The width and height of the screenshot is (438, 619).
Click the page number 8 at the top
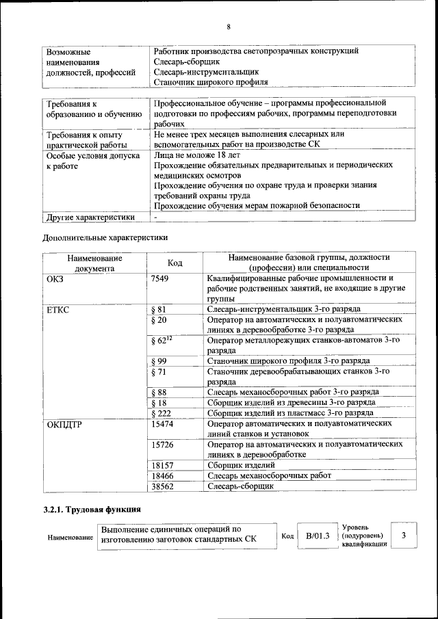pyautogui.click(x=228, y=27)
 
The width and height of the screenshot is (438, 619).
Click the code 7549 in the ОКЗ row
pyautogui.click(x=159, y=278)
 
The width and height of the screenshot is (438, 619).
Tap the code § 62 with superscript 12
pyautogui.click(x=161, y=340)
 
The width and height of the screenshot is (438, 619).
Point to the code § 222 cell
pyautogui.click(x=161, y=413)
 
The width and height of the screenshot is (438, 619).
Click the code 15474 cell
pyautogui.click(x=162, y=423)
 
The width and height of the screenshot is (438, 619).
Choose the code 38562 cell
pyautogui.click(x=162, y=486)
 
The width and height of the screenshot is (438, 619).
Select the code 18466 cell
pyautogui.click(x=162, y=475)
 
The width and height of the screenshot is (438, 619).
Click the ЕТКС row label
pyautogui.click(x=58, y=309)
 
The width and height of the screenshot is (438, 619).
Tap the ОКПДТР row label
pyautogui.click(x=64, y=423)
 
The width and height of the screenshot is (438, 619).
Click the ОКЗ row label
pyautogui.click(x=54, y=278)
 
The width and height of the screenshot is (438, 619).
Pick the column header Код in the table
pyautogui.click(x=175, y=263)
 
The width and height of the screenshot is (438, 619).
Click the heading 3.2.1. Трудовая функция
pyautogui.click(x=92, y=510)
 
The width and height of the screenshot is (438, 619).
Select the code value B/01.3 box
pyautogui.click(x=318, y=536)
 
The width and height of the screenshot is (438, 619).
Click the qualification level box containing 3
pyautogui.click(x=404, y=535)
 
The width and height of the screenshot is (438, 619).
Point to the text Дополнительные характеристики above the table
pyautogui.click(x=105, y=238)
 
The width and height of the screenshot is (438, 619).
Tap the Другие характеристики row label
pyautogui.click(x=89, y=217)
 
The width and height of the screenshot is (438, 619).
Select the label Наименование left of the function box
pyautogui.click(x=70, y=538)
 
